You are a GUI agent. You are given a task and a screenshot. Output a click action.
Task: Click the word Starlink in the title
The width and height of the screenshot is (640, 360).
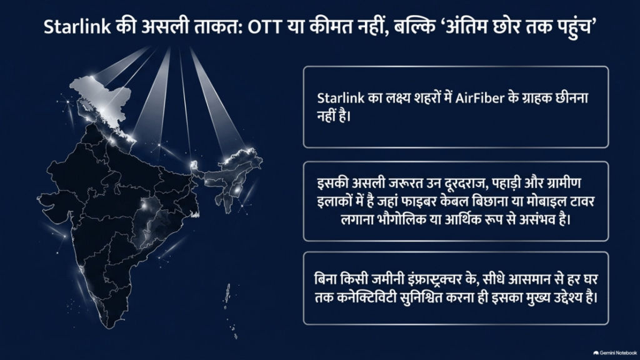pos(77,27)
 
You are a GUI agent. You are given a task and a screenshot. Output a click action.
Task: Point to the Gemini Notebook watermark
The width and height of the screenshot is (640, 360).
pos(615,352)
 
